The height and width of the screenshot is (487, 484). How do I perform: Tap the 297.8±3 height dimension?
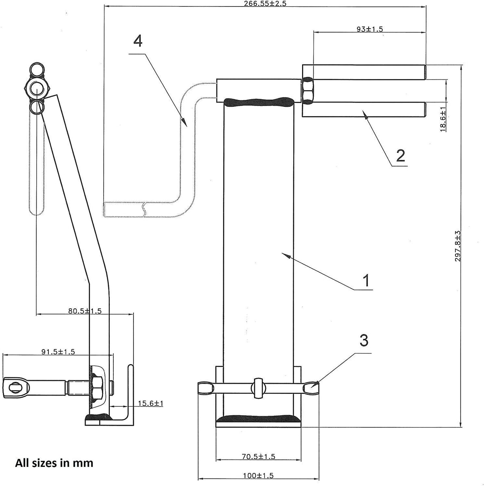tap(458, 246)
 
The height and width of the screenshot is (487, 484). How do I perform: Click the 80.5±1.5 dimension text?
tap(85, 311)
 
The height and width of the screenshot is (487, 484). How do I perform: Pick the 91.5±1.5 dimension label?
tap(58, 351)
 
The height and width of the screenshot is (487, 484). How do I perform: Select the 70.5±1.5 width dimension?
tap(258, 456)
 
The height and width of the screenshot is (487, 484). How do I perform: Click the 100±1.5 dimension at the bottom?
tap(258, 476)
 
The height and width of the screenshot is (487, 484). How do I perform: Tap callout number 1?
tap(366, 280)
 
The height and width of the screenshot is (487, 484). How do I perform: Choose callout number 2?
tap(400, 155)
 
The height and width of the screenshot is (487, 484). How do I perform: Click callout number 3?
tap(363, 341)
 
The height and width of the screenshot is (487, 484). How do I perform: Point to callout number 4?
tap(138, 41)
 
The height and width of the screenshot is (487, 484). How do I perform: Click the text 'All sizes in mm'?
tap(54, 463)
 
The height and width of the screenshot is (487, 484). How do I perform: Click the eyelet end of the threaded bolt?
tap(13, 387)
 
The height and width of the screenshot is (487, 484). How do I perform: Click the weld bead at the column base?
tap(258, 419)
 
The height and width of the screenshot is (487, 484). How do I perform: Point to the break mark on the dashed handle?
tap(143, 209)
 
